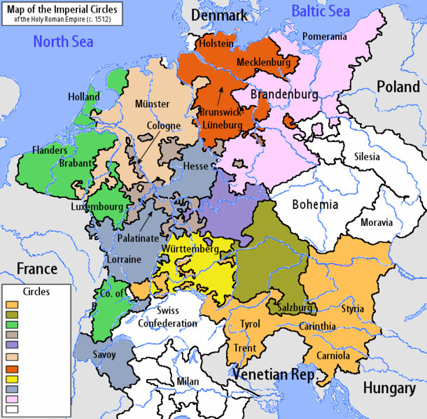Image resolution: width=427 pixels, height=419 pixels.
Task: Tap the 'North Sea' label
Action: click(62, 42)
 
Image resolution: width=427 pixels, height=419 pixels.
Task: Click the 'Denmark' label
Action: click(220, 15)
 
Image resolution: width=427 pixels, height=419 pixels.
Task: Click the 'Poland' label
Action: click(398, 87)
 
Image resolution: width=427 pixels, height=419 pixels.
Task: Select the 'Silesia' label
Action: click(371, 156)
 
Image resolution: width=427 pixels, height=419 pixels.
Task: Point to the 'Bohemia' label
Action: click(315, 205)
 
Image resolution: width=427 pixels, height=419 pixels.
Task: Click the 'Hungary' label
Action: click(389, 388)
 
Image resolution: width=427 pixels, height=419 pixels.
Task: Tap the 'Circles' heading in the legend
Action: click(36, 290)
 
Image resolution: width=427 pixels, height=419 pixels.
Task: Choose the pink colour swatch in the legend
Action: click(11, 399)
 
